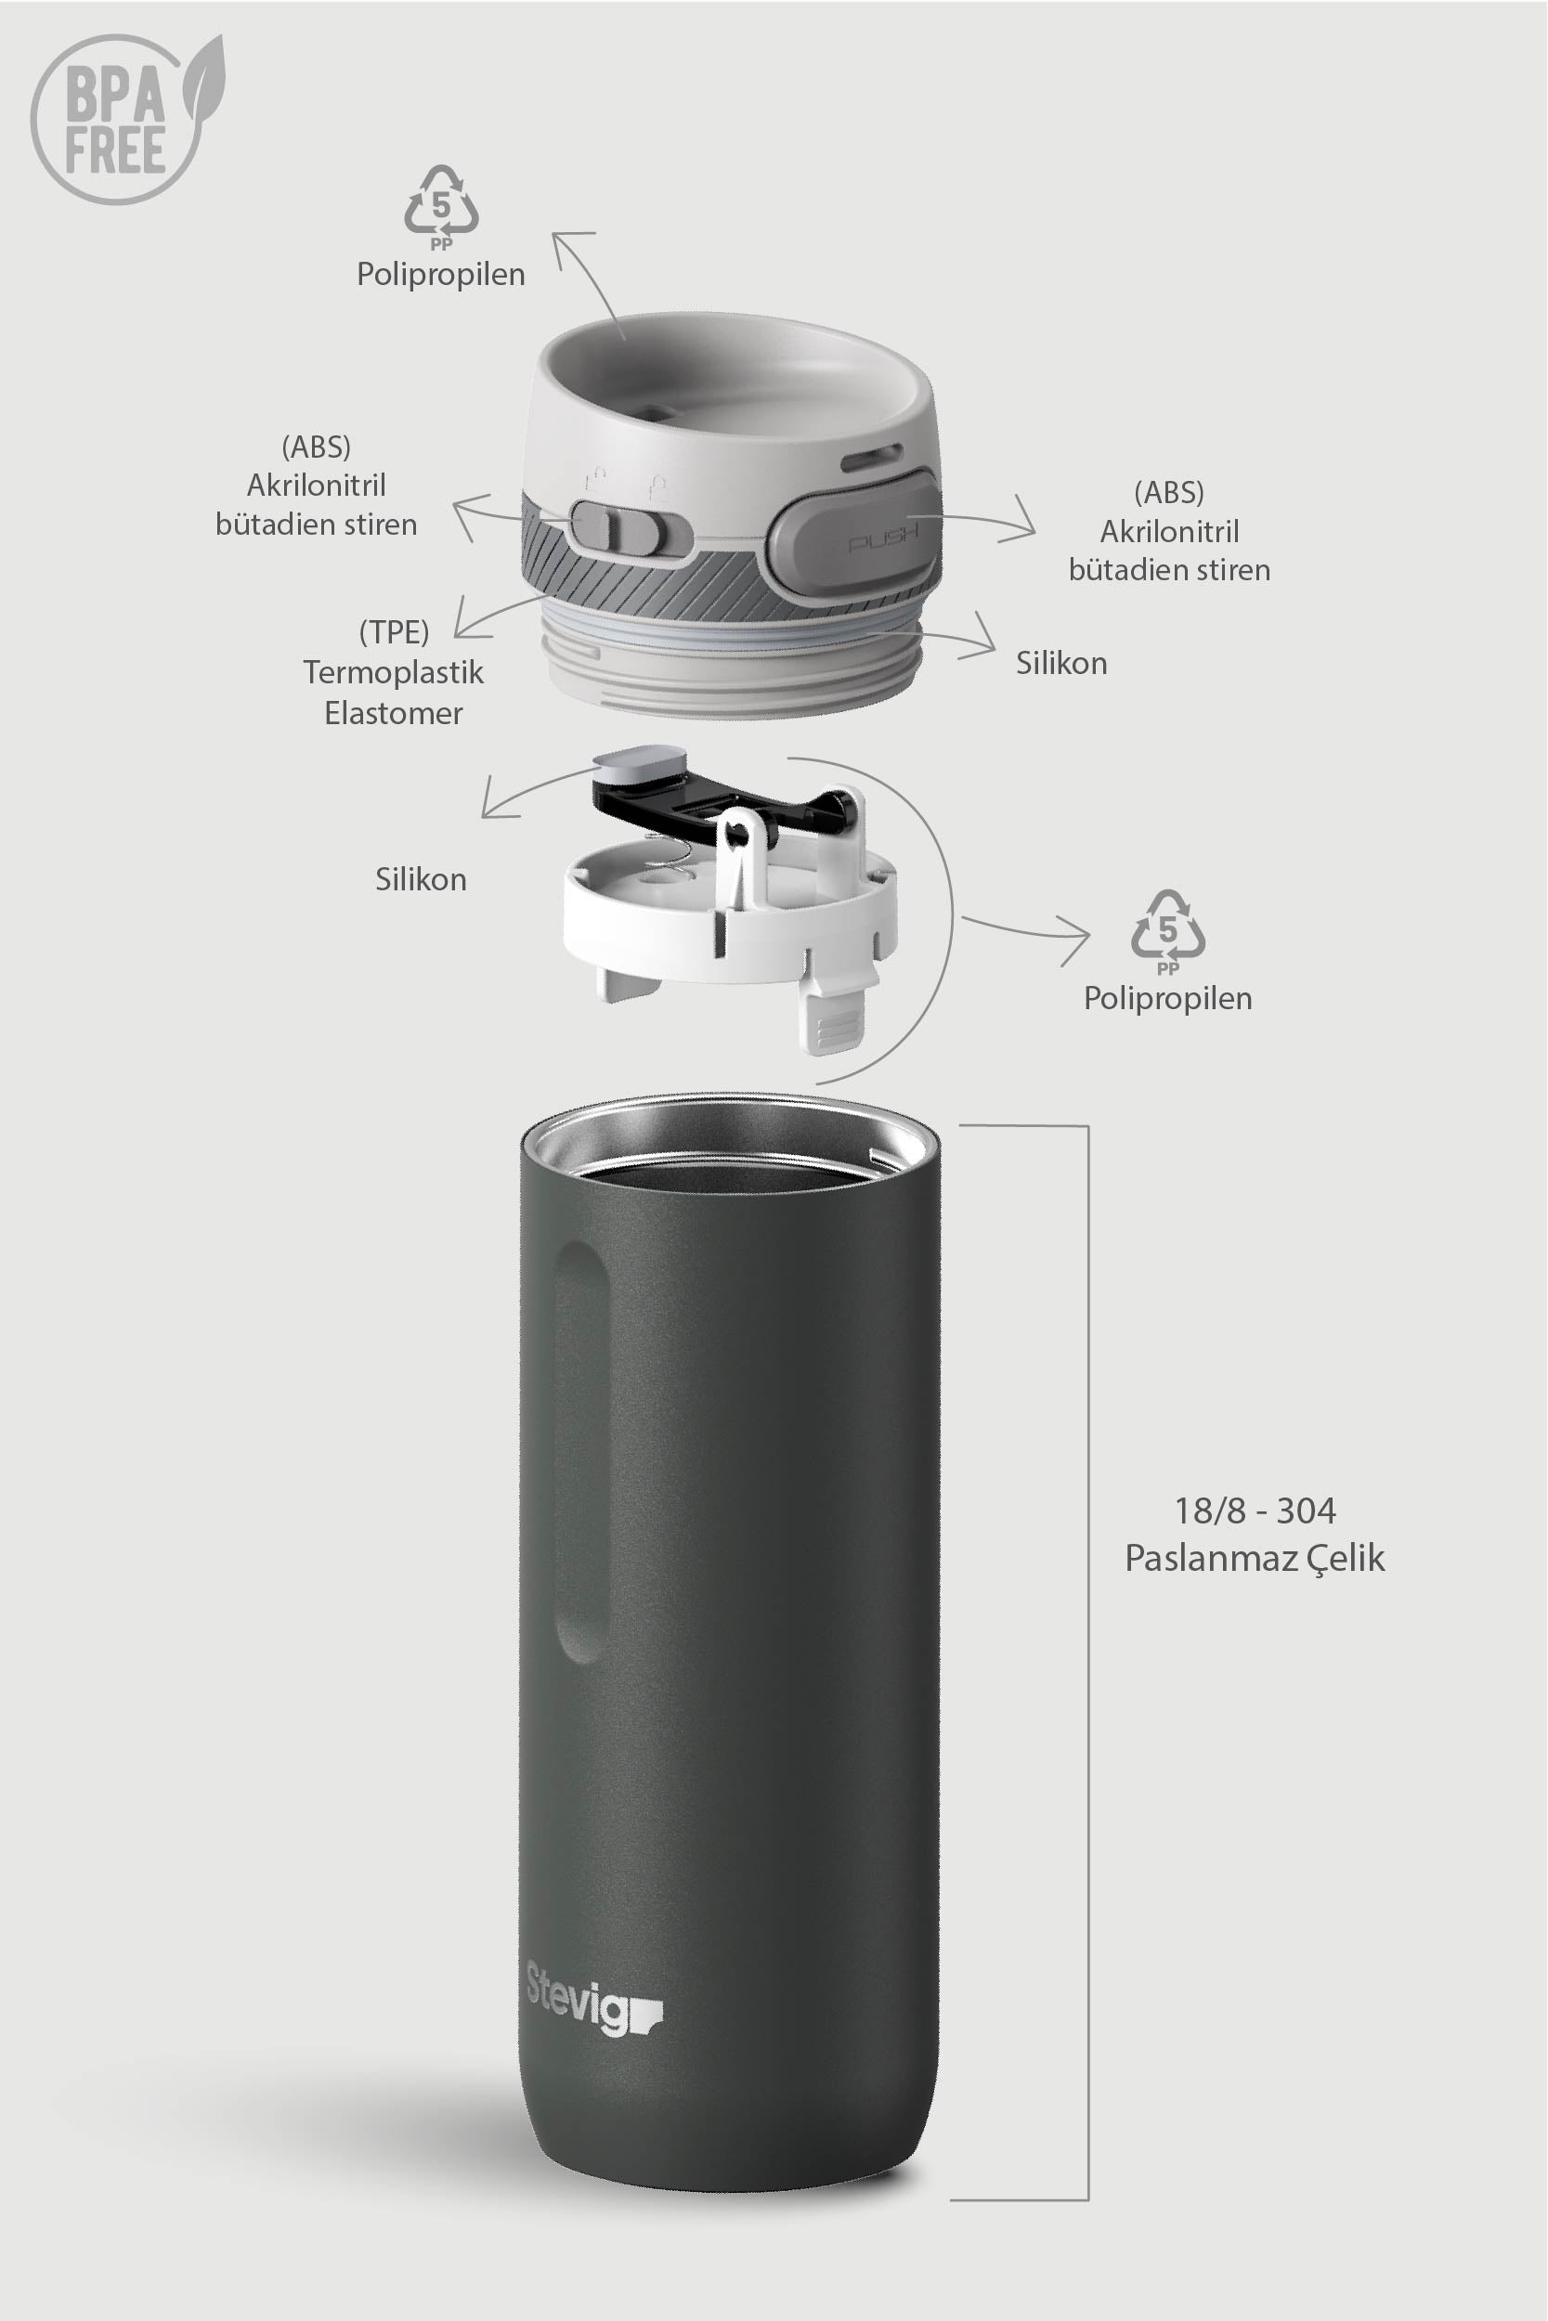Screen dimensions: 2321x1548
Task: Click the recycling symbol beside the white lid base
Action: point(1168,928)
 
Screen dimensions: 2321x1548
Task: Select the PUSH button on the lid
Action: point(854,531)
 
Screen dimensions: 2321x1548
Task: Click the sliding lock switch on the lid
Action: point(620,527)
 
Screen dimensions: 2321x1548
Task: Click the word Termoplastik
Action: point(393,673)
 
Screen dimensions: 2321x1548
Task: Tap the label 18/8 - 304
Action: point(1254,1511)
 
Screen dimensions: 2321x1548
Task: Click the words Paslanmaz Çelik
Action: point(1254,1559)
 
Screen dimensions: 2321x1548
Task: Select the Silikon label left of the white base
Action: point(421,879)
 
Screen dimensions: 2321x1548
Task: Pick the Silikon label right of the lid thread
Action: point(1061,663)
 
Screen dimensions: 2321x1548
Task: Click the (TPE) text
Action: point(393,631)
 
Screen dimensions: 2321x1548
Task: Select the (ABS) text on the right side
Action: point(1169,491)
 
